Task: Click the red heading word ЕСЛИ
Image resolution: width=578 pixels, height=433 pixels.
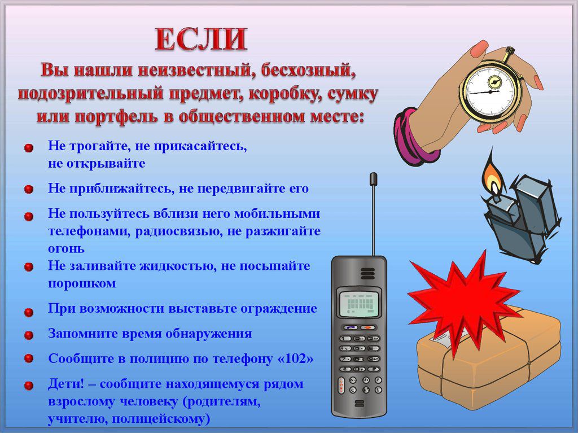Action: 201,39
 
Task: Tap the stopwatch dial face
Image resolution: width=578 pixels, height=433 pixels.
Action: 491,91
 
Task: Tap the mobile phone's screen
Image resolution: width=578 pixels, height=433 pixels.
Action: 359,304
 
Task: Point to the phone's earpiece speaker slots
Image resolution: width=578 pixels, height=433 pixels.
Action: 367,273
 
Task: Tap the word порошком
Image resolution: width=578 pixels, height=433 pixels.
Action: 82,283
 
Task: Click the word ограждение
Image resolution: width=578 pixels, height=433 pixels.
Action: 279,308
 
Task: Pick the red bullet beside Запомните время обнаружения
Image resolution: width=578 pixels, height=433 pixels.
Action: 29,335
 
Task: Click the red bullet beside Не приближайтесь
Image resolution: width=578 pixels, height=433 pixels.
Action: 29,189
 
